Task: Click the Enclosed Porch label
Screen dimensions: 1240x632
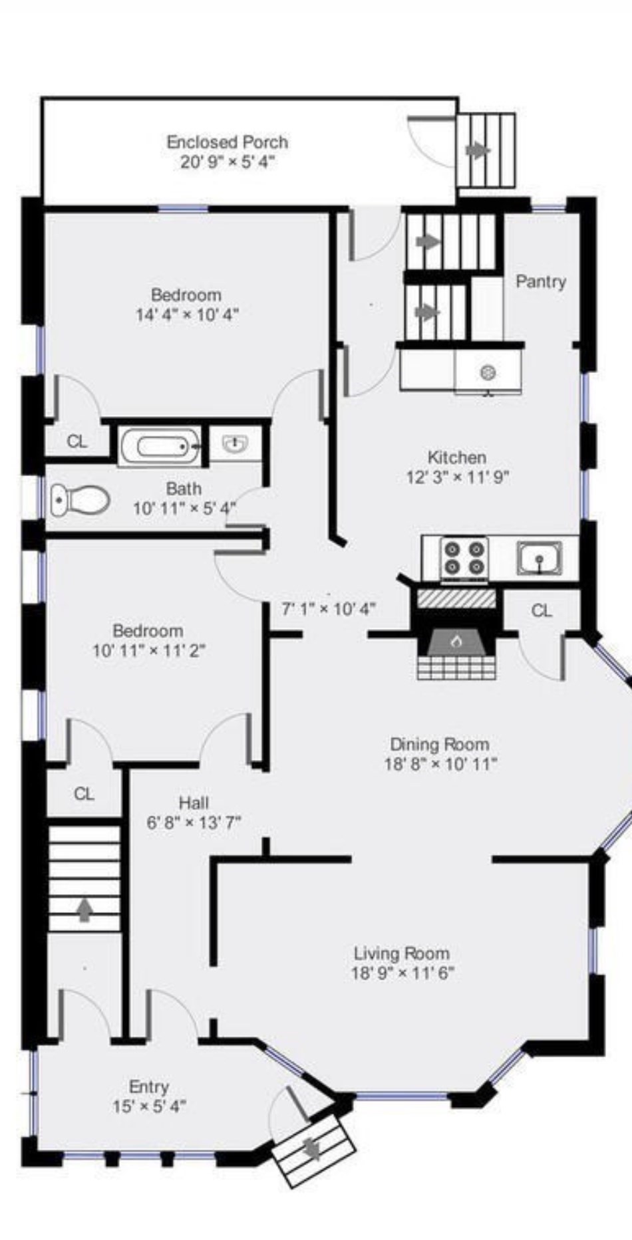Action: point(227,142)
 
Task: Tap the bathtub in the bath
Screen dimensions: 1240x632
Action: point(160,445)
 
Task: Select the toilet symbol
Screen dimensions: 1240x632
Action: point(80,499)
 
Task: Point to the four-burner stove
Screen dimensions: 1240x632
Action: point(464,557)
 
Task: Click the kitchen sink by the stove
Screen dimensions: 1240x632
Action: point(540,557)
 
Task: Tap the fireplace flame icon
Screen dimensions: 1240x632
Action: point(456,641)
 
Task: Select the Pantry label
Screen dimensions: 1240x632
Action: point(541,281)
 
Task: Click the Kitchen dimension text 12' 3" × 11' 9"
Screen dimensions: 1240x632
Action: point(458,477)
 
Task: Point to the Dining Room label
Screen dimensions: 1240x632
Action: point(439,744)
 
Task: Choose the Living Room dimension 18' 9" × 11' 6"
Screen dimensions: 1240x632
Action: point(402,973)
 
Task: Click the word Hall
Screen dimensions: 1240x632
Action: point(194,803)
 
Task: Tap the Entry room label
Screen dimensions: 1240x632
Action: point(148,1086)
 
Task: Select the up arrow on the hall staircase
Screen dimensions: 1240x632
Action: point(84,910)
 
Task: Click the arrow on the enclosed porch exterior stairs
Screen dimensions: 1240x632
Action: point(478,150)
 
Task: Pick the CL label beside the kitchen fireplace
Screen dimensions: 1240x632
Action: point(542,610)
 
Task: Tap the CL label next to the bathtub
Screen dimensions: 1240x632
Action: point(77,441)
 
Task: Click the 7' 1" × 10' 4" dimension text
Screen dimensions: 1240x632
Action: point(329,608)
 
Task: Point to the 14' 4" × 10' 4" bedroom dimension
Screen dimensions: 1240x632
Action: point(187,314)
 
